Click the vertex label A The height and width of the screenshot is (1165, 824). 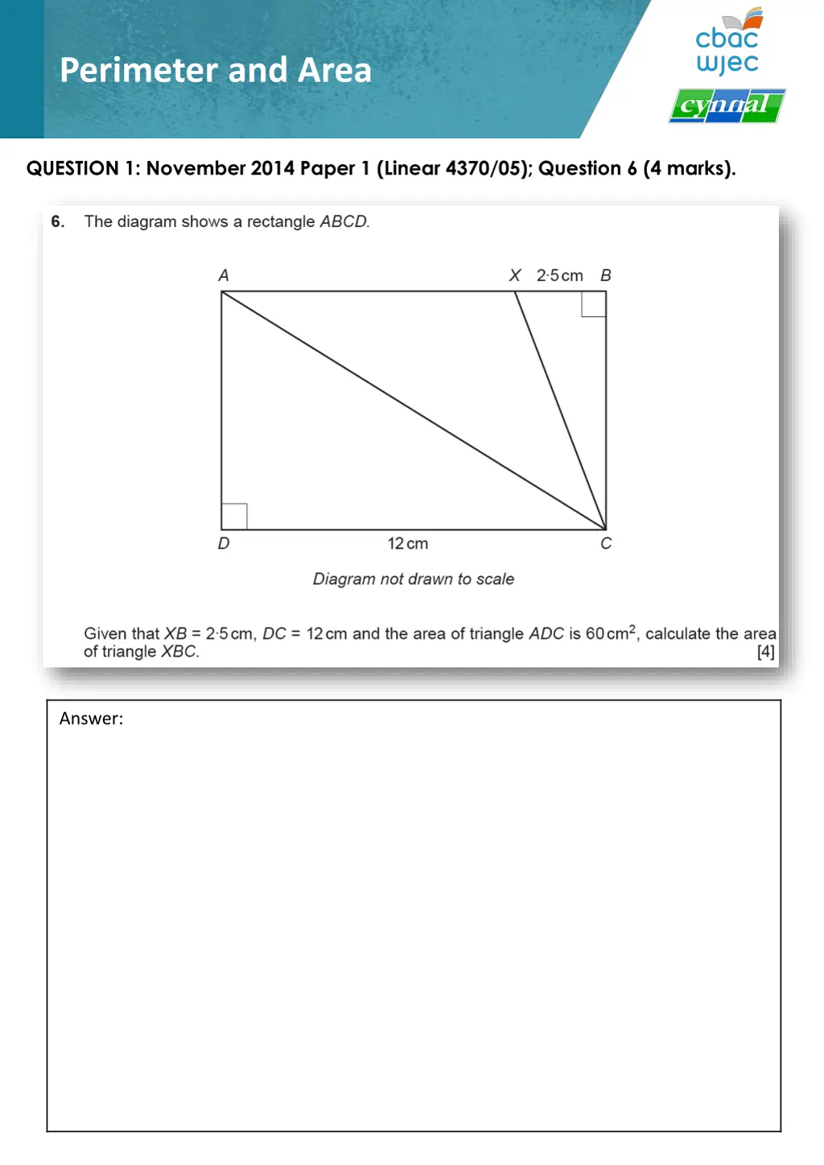(224, 275)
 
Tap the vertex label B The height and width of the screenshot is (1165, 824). (606, 275)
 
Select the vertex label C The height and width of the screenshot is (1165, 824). (606, 544)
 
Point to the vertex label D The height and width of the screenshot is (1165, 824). (224, 544)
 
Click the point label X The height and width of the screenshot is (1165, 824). (515, 275)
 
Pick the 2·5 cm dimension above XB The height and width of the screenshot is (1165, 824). (560, 275)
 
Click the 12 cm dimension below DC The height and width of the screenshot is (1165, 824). (408, 544)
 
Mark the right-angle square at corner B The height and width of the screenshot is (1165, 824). (594, 304)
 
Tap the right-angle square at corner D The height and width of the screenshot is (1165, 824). (234, 517)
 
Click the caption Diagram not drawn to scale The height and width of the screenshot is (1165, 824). (414, 579)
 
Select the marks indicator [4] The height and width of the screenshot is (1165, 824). (765, 652)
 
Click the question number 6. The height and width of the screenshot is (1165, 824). (57, 221)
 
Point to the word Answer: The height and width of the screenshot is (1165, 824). (92, 718)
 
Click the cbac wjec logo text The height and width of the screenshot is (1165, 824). (727, 50)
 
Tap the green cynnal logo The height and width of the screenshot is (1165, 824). (727, 105)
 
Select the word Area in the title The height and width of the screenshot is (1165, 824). (335, 71)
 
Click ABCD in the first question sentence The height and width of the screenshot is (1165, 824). (344, 221)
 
